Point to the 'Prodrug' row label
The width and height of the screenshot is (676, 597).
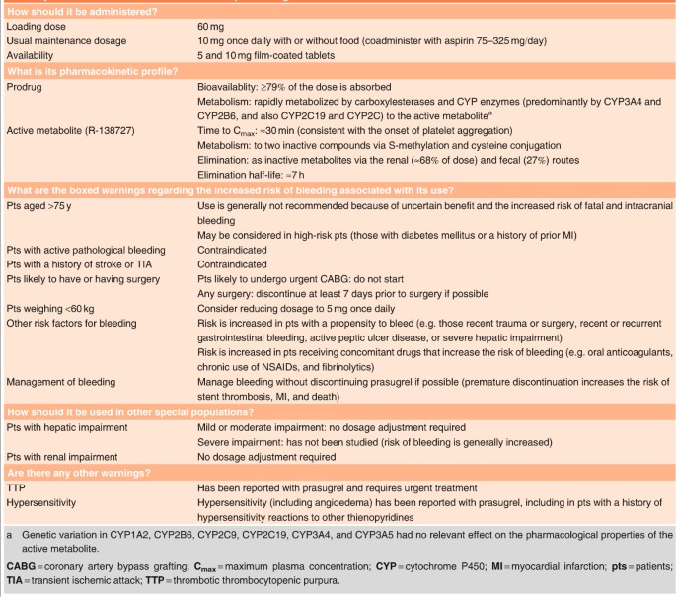(x=28, y=87)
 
